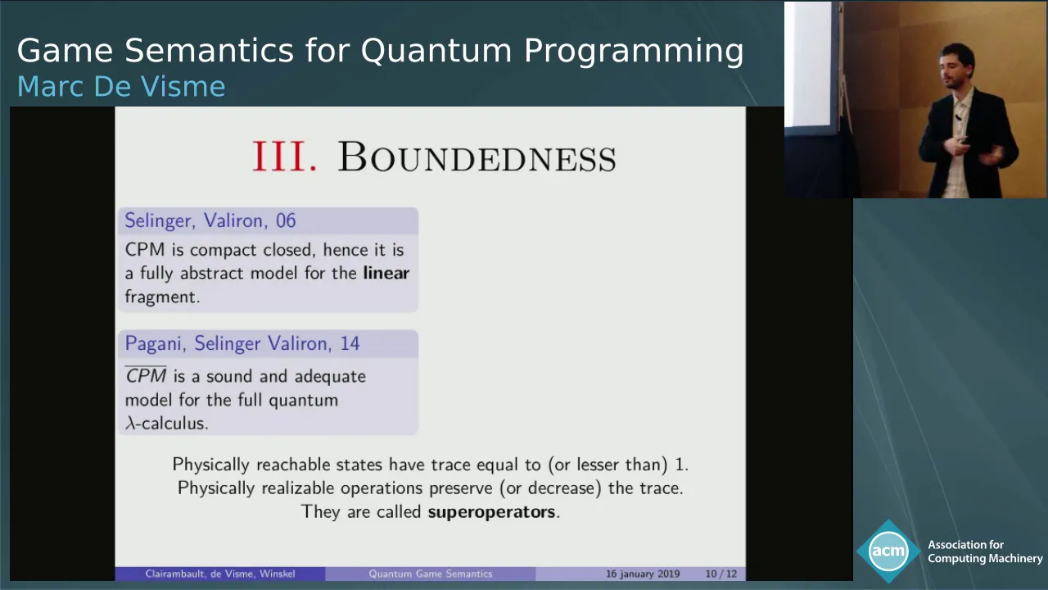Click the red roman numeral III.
click(284, 156)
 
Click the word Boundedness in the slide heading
click(477, 157)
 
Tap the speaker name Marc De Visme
click(121, 86)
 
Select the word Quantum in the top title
click(436, 51)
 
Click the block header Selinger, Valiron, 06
click(210, 220)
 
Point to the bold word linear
click(386, 273)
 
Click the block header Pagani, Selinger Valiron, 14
click(242, 343)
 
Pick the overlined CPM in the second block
click(146, 375)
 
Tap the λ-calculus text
click(166, 423)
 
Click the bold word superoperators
click(491, 511)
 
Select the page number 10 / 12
click(721, 574)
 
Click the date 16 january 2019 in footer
click(643, 574)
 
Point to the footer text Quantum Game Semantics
click(431, 574)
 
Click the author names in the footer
click(220, 574)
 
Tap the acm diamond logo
click(888, 551)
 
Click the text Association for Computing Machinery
click(985, 551)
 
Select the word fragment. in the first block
click(162, 297)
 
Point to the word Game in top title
click(65, 51)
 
